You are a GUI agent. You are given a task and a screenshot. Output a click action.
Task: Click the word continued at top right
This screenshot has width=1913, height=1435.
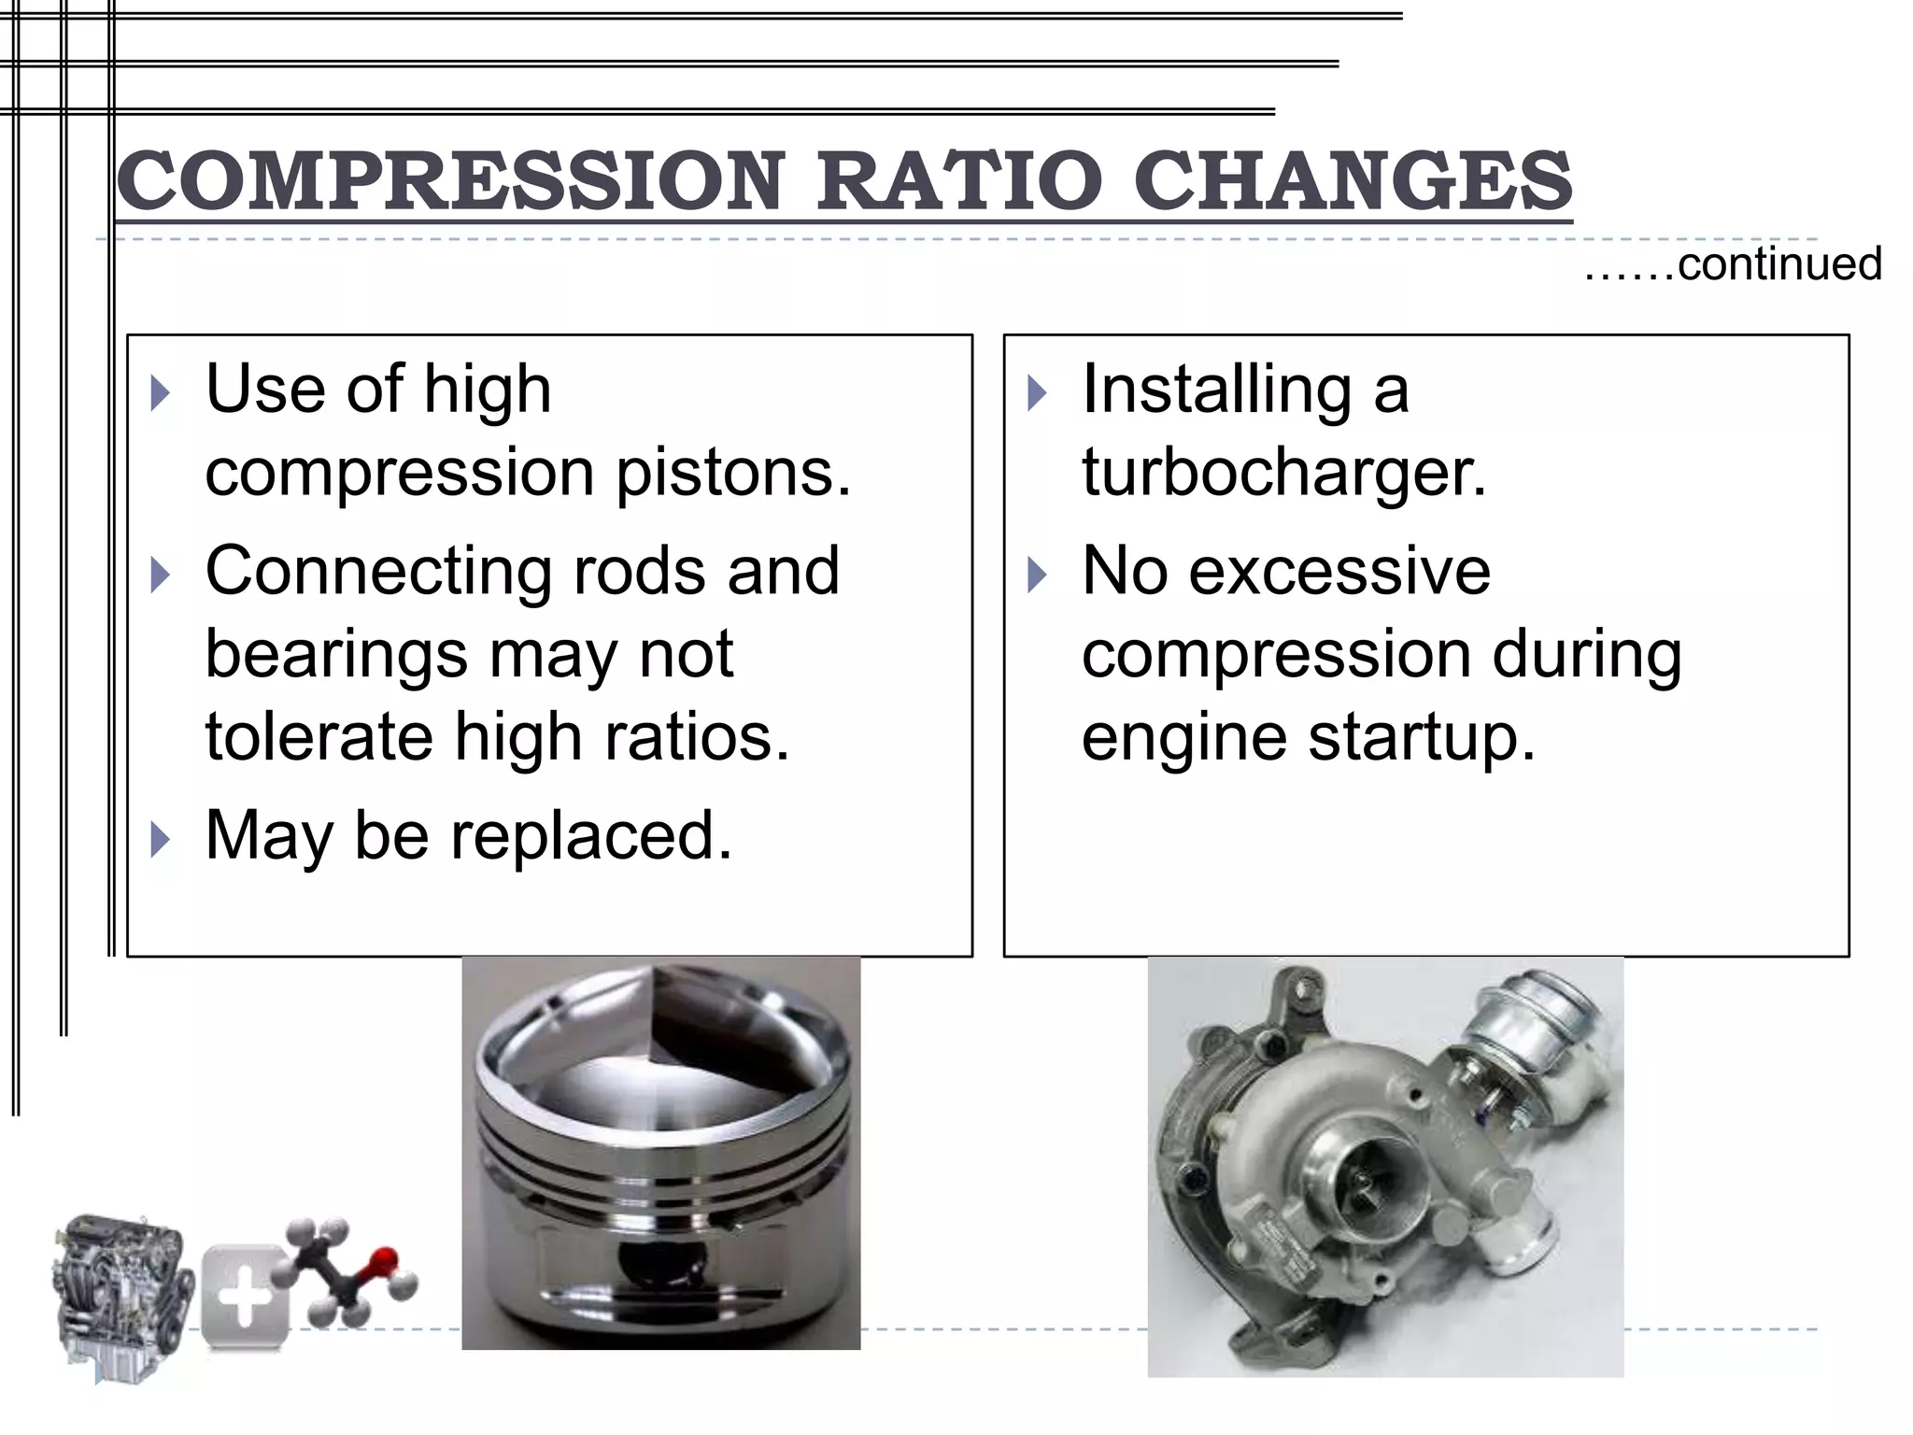coord(1778,263)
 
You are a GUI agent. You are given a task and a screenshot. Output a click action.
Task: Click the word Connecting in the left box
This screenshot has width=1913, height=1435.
coord(378,570)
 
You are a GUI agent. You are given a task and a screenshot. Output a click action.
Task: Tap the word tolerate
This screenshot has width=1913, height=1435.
coord(319,737)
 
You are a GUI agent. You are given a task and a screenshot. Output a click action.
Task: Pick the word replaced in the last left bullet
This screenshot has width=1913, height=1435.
coord(591,834)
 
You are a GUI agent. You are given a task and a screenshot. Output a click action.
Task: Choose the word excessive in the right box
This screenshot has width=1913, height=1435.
coord(1339,570)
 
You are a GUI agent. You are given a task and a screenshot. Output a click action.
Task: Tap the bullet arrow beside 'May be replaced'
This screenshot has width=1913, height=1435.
coord(161,839)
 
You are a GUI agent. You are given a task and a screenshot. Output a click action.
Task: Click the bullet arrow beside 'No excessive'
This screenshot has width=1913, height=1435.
coord(1037,575)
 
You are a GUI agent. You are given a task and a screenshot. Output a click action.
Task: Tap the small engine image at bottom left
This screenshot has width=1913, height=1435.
coord(121,1294)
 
